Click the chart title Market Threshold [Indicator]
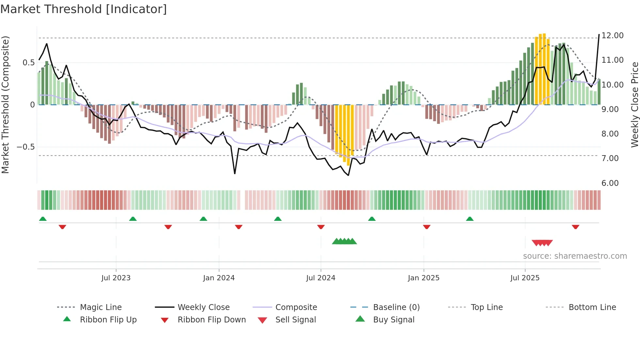pos(84,9)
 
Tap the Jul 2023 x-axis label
pos(116,278)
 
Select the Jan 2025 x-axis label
pos(424,278)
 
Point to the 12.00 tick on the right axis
pos(612,36)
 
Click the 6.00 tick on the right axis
pos(610,183)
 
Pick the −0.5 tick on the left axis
pos(25,147)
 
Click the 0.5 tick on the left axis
pos(28,63)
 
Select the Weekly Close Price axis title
pos(634,105)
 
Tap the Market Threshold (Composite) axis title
pos(5,105)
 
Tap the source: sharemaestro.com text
pos(575,256)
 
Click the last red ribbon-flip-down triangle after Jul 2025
pos(575,227)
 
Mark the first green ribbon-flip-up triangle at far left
pos(43,219)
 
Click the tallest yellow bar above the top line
pos(544,69)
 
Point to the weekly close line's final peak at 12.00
pos(599,35)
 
